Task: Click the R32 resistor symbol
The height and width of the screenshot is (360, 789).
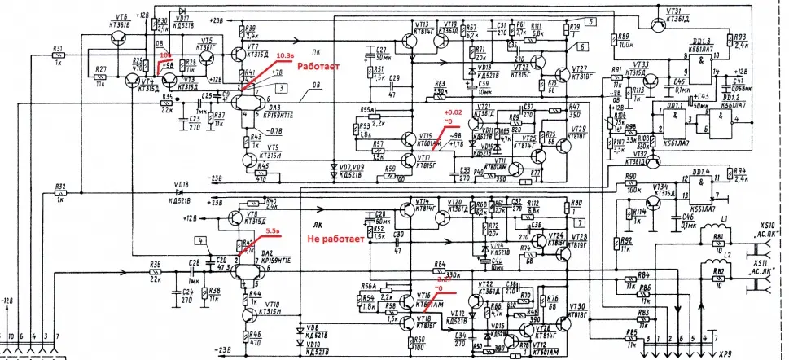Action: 59,194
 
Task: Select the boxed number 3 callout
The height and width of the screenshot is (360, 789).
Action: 279,87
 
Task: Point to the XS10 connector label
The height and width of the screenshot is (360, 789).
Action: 765,224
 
